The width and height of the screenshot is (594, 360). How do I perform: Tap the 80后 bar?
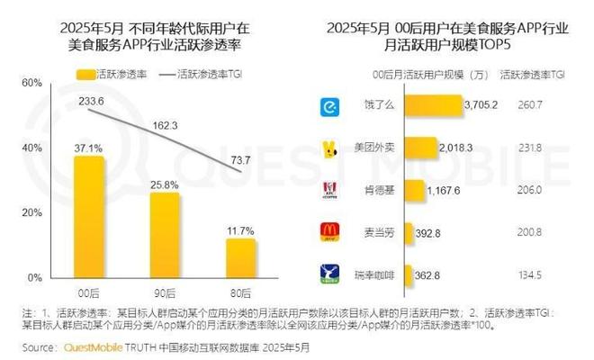[241, 257]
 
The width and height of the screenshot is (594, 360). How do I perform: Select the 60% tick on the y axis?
[31, 83]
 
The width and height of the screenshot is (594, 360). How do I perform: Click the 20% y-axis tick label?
[31, 212]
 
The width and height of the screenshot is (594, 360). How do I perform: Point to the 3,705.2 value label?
[480, 107]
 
